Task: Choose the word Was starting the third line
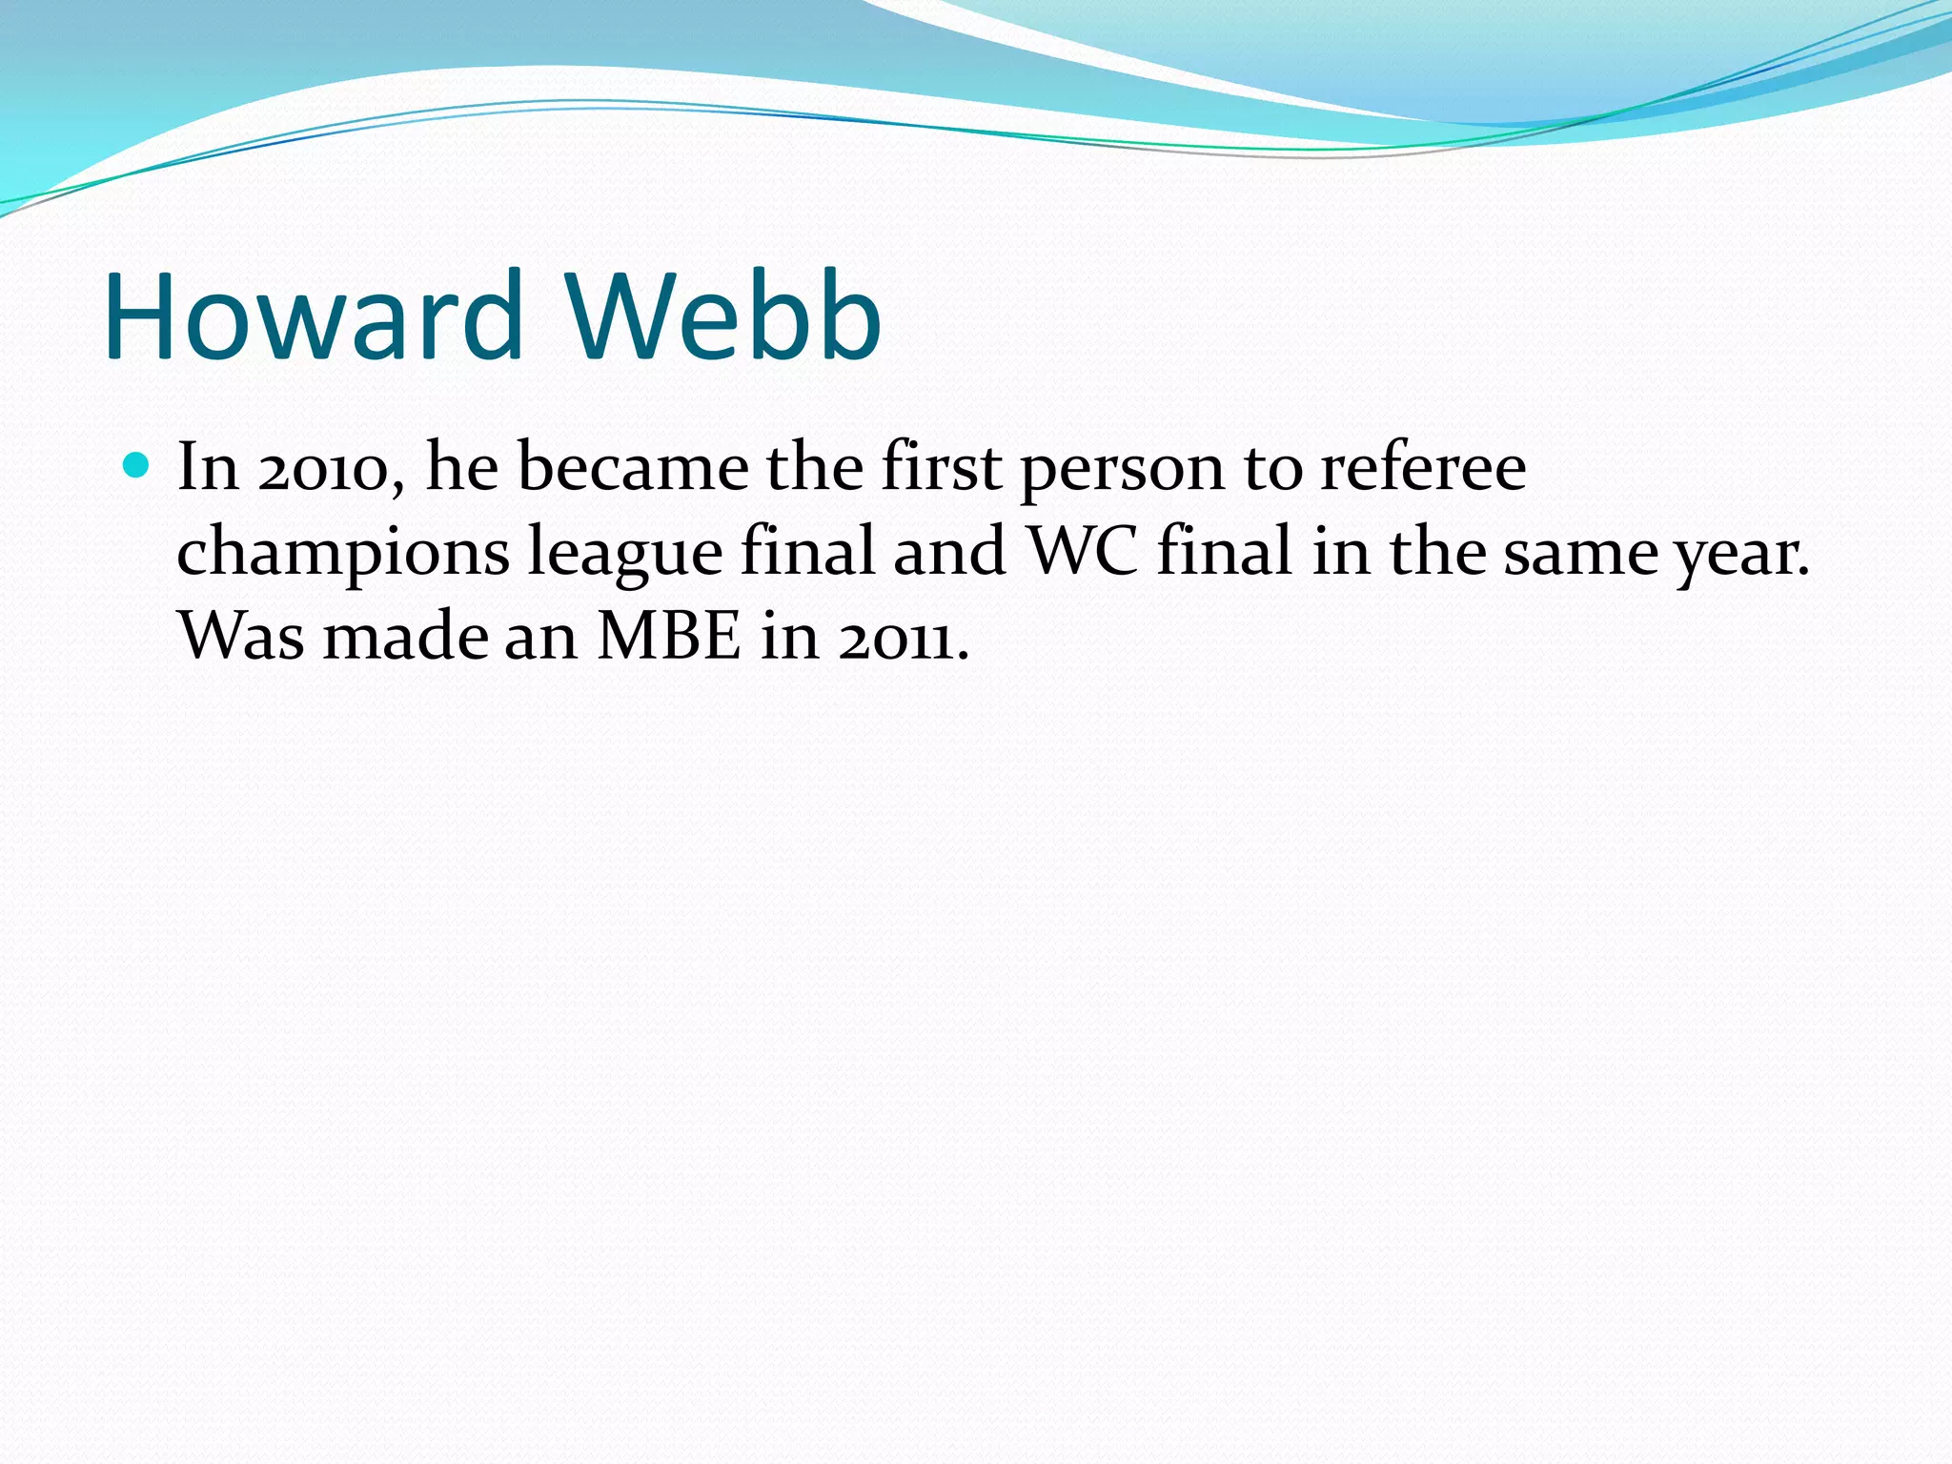(x=241, y=636)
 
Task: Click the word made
(x=405, y=636)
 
